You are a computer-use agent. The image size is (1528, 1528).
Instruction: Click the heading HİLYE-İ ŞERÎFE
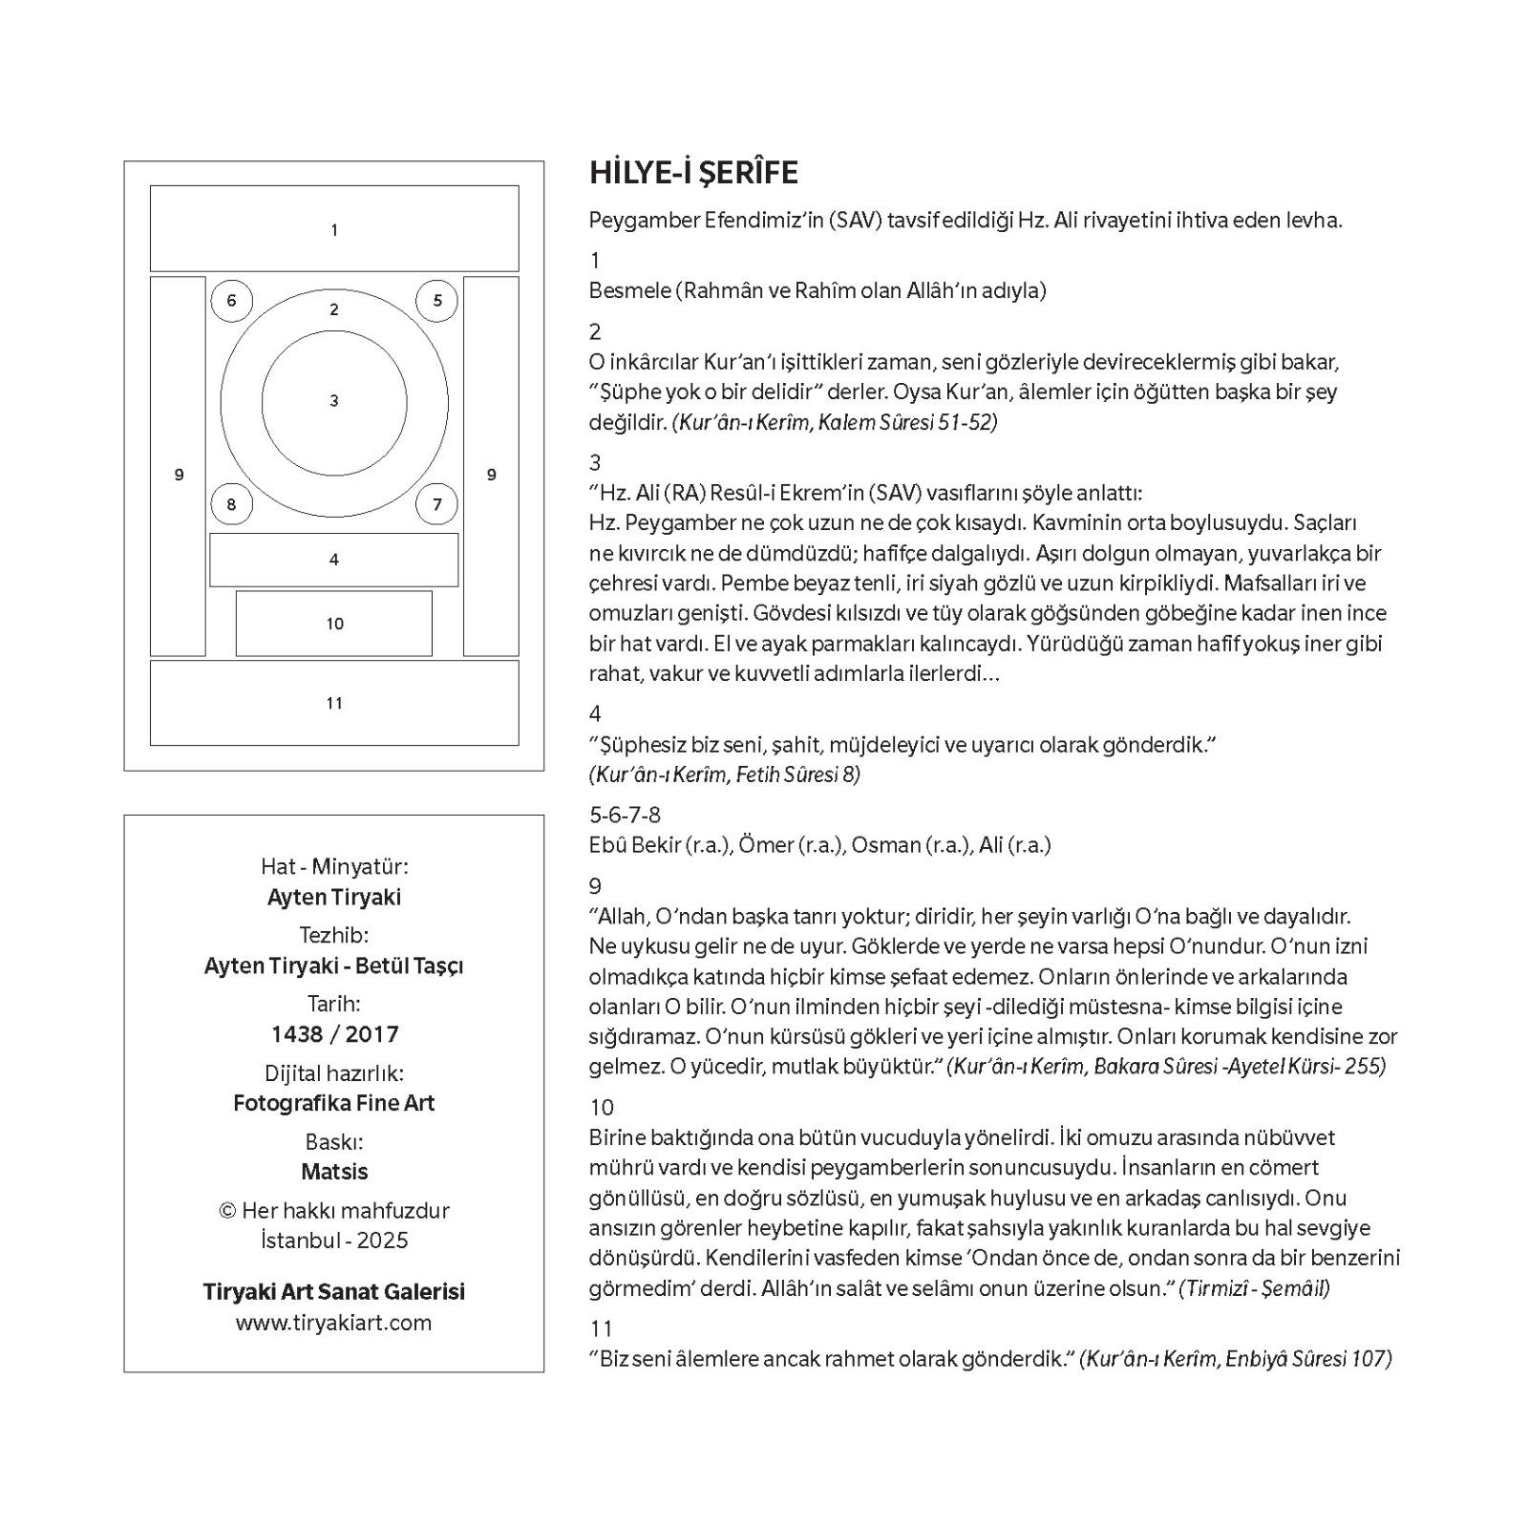pyautogui.click(x=693, y=173)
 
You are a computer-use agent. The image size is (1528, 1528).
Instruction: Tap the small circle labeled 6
pyautogui.click(x=231, y=301)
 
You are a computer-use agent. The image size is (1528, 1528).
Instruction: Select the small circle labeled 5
pyautogui.click(x=437, y=301)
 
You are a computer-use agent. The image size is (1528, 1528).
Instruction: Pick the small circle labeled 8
pyautogui.click(x=231, y=504)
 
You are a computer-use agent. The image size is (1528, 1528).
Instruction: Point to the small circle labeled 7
pyautogui.click(x=437, y=504)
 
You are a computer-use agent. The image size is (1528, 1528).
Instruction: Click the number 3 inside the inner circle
pyautogui.click(x=334, y=401)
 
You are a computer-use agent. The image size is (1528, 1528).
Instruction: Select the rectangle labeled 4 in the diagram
pyautogui.click(x=334, y=560)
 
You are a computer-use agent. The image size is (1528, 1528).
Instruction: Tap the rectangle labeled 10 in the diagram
pyautogui.click(x=334, y=624)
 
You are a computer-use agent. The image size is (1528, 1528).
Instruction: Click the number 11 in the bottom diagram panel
pyautogui.click(x=334, y=704)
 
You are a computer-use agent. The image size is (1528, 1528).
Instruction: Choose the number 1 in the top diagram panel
pyautogui.click(x=334, y=230)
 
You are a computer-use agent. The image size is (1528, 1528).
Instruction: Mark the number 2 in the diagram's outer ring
pyautogui.click(x=334, y=309)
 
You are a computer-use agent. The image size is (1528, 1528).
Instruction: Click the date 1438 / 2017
pyautogui.click(x=334, y=1034)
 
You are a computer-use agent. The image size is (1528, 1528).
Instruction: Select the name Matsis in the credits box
pyautogui.click(x=334, y=1172)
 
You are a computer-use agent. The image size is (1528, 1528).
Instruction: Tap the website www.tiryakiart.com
pyautogui.click(x=334, y=1323)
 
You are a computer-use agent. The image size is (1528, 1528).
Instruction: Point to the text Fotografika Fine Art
pyautogui.click(x=334, y=1103)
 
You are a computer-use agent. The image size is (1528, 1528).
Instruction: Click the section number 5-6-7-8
pyautogui.click(x=625, y=815)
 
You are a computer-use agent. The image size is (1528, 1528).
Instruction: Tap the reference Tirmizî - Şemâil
pyautogui.click(x=1254, y=1288)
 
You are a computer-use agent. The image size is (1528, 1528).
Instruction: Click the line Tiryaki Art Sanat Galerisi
pyautogui.click(x=334, y=1292)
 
